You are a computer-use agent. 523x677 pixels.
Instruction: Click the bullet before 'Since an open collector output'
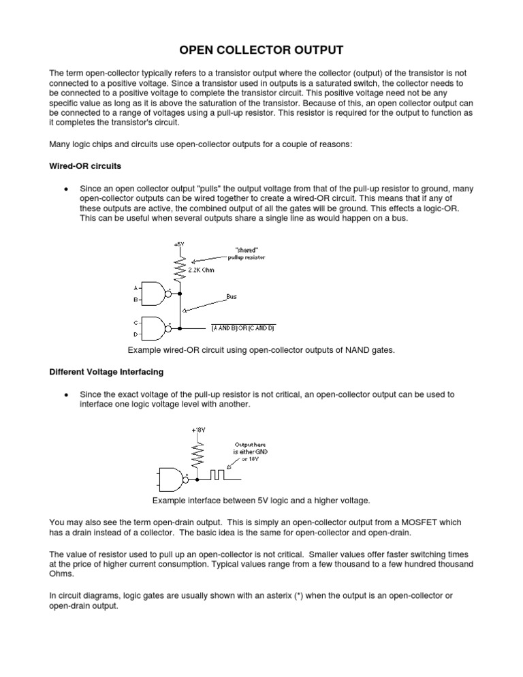point(65,189)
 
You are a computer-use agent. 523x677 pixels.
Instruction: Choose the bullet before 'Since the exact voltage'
point(65,394)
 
